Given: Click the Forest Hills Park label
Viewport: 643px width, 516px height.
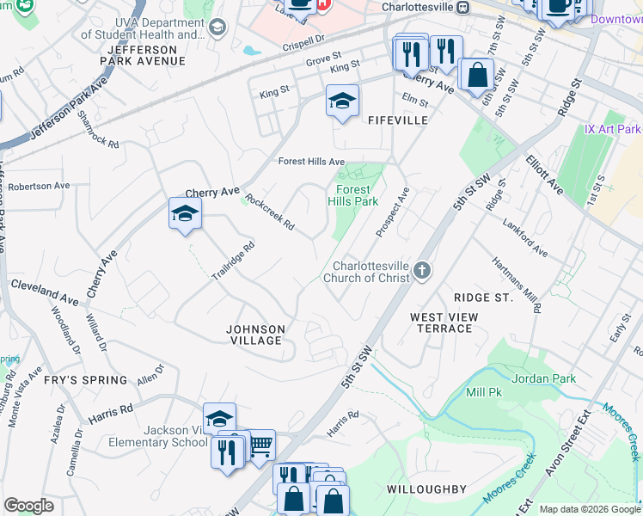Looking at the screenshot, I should pos(353,195).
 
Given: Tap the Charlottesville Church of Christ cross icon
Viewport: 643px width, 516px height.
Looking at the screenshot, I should pos(421,271).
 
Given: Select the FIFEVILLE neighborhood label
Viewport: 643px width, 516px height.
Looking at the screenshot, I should pos(398,120).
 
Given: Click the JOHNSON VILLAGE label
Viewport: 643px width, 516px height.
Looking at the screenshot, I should pos(254,335).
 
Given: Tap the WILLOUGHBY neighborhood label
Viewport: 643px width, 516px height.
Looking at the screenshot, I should pos(426,489).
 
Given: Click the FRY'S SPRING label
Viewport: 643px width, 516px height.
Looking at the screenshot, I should pos(86,380).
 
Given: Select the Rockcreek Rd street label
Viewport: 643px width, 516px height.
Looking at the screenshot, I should pos(270,212).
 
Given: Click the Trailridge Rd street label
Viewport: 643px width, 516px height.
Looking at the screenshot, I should pos(233,261).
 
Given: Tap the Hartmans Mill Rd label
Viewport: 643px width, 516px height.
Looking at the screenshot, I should pos(517,284).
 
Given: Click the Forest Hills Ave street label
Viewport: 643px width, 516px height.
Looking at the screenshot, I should pos(311,162).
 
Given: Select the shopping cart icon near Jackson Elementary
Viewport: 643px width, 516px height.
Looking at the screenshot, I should pos(260,445).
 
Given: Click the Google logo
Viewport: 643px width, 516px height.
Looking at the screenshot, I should pos(28,506).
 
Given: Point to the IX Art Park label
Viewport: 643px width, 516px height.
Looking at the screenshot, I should pos(613,129).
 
